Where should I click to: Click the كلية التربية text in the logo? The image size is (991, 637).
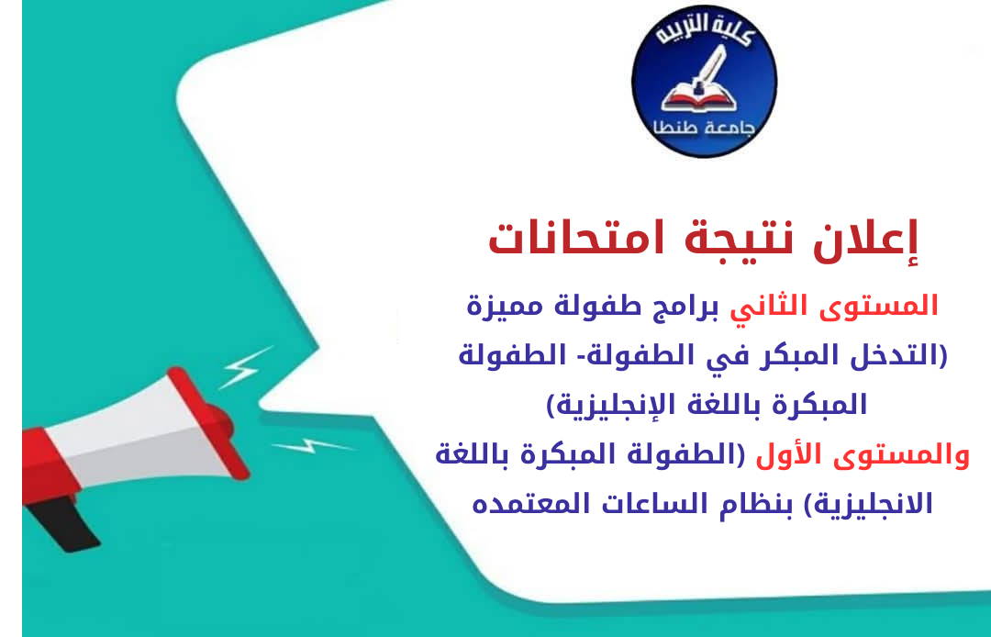(x=704, y=42)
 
